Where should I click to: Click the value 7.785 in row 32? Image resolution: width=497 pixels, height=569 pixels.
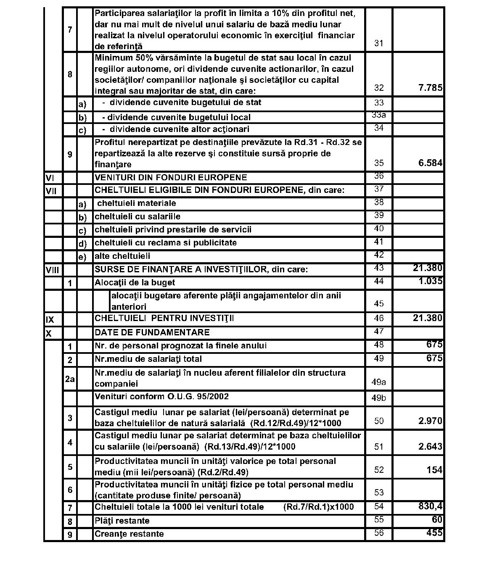tap(430, 88)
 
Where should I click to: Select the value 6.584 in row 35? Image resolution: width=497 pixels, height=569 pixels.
tap(430, 163)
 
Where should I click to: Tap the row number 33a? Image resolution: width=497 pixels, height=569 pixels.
tap(379, 115)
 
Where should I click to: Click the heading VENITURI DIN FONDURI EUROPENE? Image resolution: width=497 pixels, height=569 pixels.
tap(171, 177)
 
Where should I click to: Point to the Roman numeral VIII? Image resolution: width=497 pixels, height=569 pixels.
tap(52, 270)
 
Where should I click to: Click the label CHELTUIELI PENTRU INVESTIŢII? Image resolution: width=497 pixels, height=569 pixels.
tap(164, 318)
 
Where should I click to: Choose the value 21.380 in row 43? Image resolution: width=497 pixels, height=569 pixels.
tap(428, 268)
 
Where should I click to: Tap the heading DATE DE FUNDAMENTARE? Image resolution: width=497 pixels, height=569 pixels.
tap(152, 332)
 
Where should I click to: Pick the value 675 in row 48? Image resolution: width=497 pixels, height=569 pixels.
tap(434, 345)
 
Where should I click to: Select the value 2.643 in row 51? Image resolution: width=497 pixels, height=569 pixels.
tap(430, 446)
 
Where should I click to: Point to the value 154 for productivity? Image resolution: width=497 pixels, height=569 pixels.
tap(434, 470)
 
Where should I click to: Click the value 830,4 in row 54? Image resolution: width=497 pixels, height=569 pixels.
tap(430, 506)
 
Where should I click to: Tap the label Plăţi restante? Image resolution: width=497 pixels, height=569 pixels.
tap(122, 521)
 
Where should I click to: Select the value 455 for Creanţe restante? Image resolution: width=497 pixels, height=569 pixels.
tap(434, 533)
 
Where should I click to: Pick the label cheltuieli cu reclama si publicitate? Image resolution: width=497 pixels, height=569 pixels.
tap(166, 243)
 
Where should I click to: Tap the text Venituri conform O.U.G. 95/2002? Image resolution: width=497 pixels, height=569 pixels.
tap(161, 396)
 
